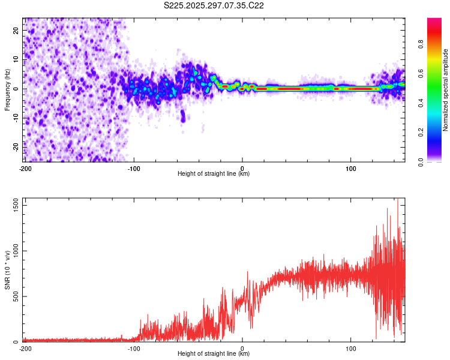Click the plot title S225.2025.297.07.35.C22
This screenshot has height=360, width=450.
214,5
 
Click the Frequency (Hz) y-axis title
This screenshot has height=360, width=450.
7,89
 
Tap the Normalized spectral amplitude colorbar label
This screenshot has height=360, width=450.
446,90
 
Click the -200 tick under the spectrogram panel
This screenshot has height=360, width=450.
25,167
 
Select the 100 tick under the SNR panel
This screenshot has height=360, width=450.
351,348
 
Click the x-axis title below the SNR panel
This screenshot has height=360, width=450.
214,354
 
